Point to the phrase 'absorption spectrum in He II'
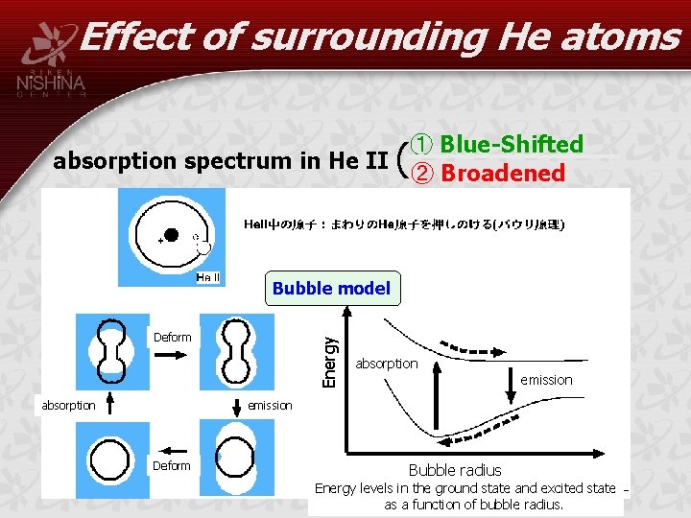point(220,160)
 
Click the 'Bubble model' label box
point(331,289)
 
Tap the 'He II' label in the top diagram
point(208,277)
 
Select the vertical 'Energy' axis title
point(329,361)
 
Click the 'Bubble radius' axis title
point(454,470)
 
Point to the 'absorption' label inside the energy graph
point(387,364)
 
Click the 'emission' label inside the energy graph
point(546,380)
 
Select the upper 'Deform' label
point(173,337)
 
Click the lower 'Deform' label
point(173,465)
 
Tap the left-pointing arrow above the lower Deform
point(174,448)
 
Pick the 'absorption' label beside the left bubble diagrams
point(69,405)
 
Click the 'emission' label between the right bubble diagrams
point(270,405)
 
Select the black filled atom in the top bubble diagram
point(171,234)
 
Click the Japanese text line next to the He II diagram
point(405,224)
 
